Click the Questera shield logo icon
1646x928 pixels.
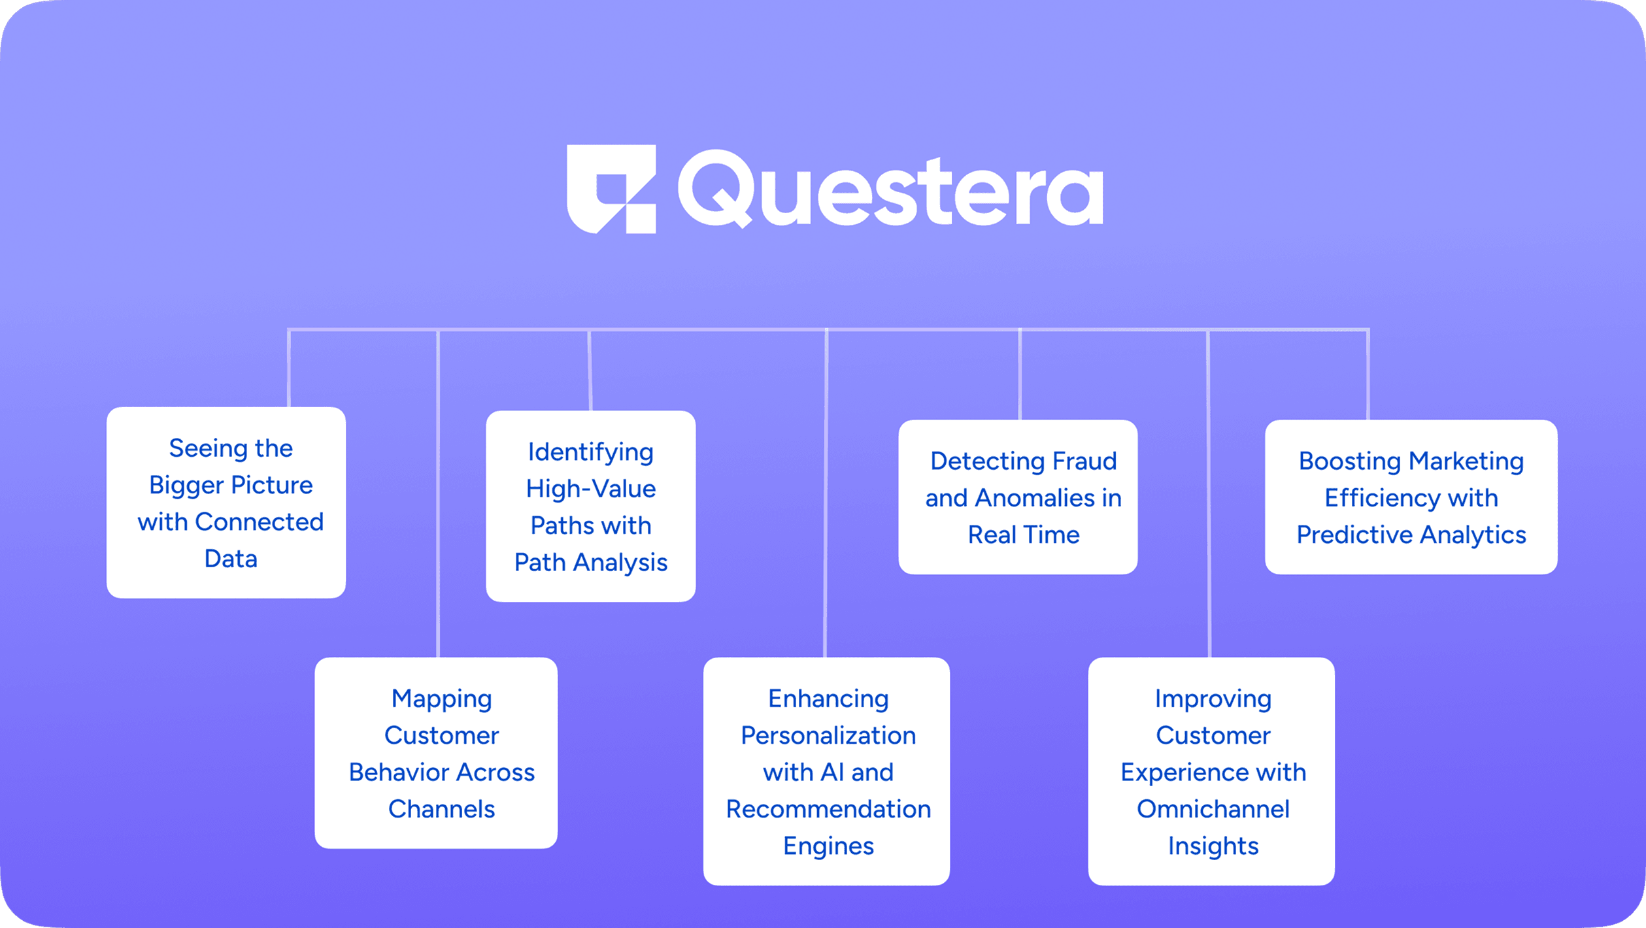(x=611, y=189)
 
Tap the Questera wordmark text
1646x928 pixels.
(x=890, y=189)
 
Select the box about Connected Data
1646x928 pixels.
(x=226, y=503)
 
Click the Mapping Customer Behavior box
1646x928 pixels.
(x=436, y=753)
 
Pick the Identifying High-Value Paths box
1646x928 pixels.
(x=590, y=506)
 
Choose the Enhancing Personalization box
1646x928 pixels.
(x=826, y=771)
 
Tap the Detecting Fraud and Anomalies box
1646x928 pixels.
(x=1018, y=497)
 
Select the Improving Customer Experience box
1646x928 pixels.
(x=1211, y=771)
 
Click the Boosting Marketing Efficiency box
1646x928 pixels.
(x=1411, y=497)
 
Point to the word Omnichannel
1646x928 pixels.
(x=1213, y=809)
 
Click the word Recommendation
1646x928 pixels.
(x=828, y=809)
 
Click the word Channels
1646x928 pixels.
(x=441, y=809)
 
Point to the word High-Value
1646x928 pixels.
(x=590, y=489)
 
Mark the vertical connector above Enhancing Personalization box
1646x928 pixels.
(x=826, y=497)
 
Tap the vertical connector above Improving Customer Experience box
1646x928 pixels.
(x=1209, y=497)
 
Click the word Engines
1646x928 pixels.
(x=828, y=846)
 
